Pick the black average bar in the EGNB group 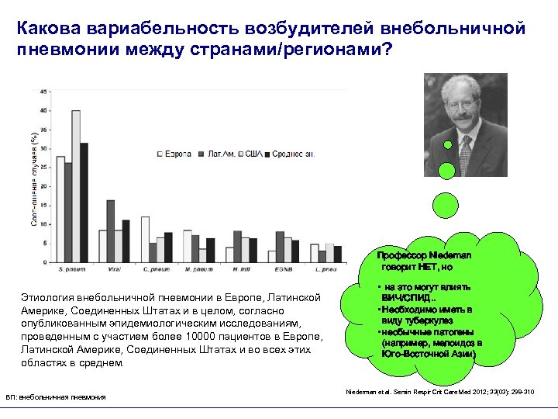[295, 251]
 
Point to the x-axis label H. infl [241, 268]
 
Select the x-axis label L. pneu [326, 268]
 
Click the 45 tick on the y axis [44, 92]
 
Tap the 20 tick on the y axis [44, 186]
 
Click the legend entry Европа [176, 154]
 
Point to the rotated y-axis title [33, 179]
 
